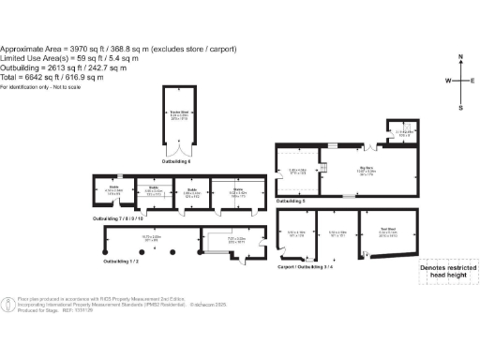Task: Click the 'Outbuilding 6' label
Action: (x=176, y=162)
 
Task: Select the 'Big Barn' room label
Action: (x=363, y=170)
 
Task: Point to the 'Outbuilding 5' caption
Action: (x=291, y=201)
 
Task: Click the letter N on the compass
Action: (x=460, y=57)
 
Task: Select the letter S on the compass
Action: (x=460, y=107)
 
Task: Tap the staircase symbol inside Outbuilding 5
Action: (x=325, y=168)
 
